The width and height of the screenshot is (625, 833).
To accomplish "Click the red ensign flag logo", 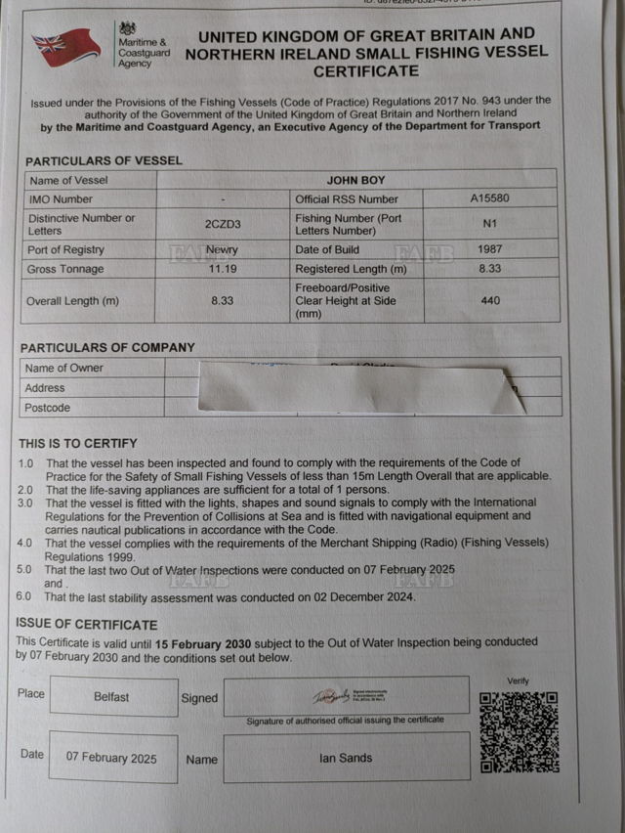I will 64,46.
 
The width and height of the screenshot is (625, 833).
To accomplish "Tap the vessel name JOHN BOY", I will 356,180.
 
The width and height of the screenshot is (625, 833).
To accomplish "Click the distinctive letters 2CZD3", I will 222,224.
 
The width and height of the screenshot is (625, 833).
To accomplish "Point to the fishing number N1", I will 490,224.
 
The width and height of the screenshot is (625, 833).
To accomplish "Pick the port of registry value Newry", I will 222,249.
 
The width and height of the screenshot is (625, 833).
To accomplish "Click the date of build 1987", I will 490,249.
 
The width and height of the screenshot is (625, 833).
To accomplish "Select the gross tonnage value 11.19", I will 222,268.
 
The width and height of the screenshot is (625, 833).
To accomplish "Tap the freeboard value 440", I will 490,301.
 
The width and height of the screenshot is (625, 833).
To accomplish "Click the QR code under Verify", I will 520,732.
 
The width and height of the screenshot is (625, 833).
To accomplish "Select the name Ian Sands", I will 346,758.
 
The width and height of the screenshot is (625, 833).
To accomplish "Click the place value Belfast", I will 111,697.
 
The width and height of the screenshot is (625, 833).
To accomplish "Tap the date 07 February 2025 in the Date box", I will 111,758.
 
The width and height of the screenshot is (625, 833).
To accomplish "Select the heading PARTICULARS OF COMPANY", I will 107,347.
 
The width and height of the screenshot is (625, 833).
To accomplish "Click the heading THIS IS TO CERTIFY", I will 78,443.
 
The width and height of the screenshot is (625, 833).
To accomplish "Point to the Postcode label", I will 48,407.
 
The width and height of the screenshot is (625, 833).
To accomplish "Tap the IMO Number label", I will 62,199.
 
